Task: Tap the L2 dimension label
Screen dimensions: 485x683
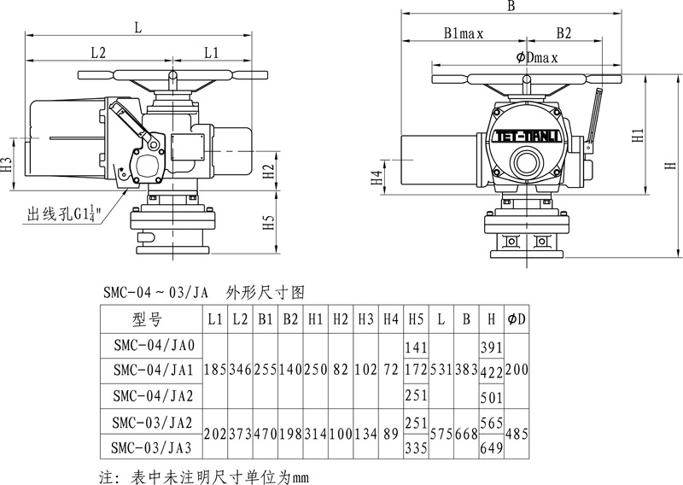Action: [98, 52]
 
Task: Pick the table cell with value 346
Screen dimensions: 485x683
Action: [240, 371]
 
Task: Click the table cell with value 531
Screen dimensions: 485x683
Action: [441, 371]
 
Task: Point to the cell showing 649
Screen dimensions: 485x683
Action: [491, 446]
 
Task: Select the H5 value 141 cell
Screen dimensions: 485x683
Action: [415, 346]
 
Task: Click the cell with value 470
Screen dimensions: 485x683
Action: [265, 434]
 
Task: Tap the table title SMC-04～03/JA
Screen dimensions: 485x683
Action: [154, 292]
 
